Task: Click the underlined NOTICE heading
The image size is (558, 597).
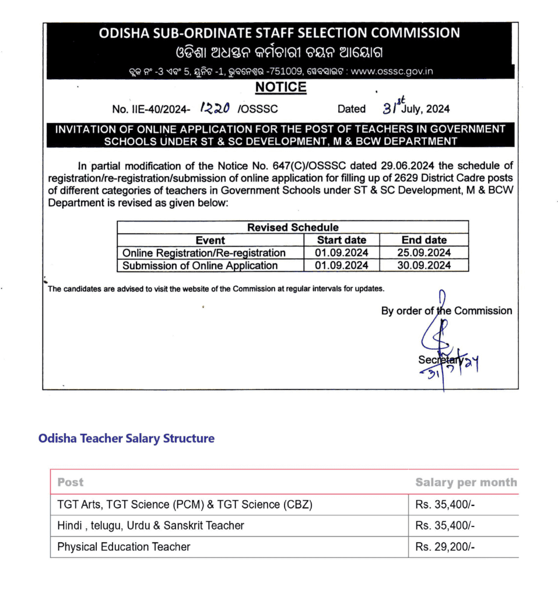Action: point(280,87)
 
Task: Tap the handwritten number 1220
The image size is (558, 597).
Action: point(215,108)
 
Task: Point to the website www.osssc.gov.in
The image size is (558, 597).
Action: point(392,72)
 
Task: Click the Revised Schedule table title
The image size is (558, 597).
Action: point(293,227)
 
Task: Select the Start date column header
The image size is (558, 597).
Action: point(342,240)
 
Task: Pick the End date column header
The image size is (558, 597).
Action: point(424,240)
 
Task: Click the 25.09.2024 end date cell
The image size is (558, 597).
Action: point(424,253)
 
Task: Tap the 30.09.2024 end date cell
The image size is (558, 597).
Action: point(424,266)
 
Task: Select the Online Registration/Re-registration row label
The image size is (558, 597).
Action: point(204,253)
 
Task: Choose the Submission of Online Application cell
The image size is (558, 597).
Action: point(200,266)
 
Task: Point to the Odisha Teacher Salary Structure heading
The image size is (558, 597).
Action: point(127,438)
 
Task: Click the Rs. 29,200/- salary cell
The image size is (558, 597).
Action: point(445,547)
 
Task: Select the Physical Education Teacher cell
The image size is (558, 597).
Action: point(124,547)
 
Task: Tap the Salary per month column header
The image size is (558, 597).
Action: point(466,482)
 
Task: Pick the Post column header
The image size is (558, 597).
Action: point(71,482)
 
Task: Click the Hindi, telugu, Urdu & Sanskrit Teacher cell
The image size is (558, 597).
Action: point(150,525)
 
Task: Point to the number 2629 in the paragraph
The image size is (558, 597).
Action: point(398,178)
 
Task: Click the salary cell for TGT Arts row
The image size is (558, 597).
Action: point(445,504)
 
